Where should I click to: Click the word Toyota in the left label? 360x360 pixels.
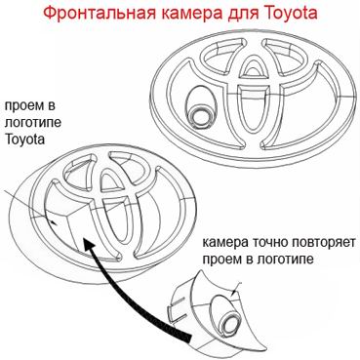pyautogui.click(x=24, y=140)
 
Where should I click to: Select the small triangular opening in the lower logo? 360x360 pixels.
pyautogui.click(x=111, y=180)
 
